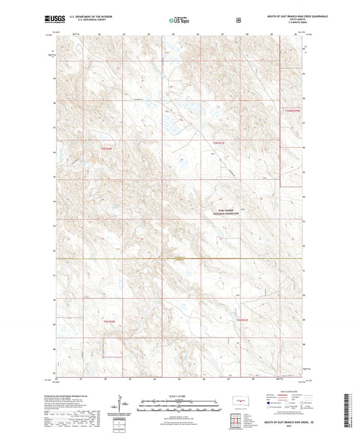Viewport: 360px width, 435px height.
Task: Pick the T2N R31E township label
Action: (x=242, y=320)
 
